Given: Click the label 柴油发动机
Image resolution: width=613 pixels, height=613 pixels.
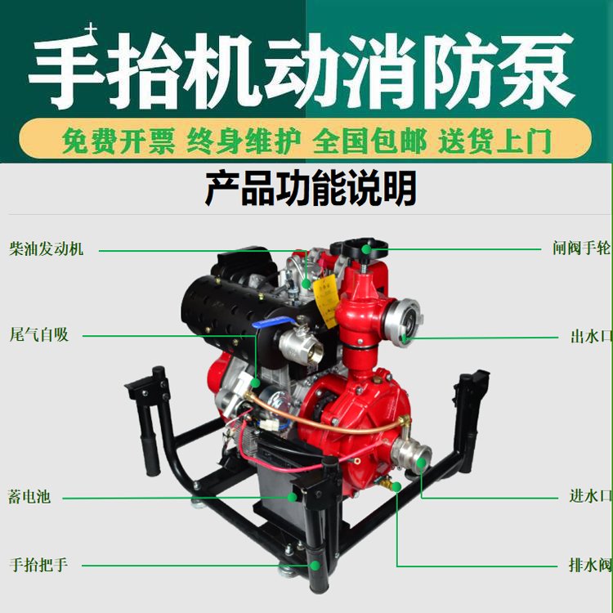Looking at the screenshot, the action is tap(47, 248).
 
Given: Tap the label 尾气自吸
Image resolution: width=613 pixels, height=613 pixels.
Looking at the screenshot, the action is tap(38, 334).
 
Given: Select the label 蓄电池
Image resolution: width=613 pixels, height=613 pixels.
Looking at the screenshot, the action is tap(29, 496).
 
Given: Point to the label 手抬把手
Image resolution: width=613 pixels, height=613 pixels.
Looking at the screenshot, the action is tap(38, 565).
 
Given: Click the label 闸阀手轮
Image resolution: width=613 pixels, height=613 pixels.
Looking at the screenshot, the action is tap(582, 248).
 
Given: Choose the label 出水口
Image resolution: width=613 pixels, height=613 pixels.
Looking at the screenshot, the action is tap(591, 336).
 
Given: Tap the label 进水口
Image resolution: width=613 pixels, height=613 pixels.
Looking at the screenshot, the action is tap(590, 496).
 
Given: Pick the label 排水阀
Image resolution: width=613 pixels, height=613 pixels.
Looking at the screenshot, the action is tap(590, 565).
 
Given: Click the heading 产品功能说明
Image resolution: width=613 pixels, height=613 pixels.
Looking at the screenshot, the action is tap(311, 188).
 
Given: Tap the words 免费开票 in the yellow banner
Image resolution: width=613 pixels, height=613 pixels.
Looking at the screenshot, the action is tap(118, 141).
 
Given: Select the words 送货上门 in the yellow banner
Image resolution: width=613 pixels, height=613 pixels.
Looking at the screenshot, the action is tap(495, 141).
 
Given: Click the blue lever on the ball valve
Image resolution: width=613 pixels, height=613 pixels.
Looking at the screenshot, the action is tap(275, 323).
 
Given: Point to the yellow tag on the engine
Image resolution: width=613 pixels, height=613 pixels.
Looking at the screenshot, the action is tap(326, 300).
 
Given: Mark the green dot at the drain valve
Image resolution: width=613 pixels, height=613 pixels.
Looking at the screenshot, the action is tap(396, 487).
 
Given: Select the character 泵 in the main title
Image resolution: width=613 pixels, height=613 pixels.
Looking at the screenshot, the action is tap(536, 70).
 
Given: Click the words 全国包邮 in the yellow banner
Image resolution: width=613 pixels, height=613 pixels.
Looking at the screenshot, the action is tap(369, 141).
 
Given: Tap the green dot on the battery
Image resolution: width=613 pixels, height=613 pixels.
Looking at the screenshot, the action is tap(292, 497).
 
